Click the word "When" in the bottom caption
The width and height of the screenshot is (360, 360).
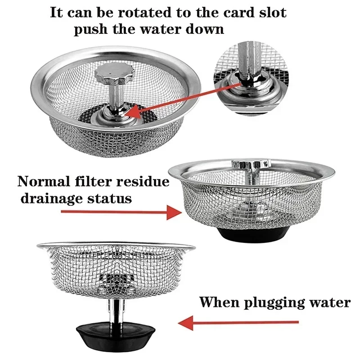(x=219, y=302)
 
